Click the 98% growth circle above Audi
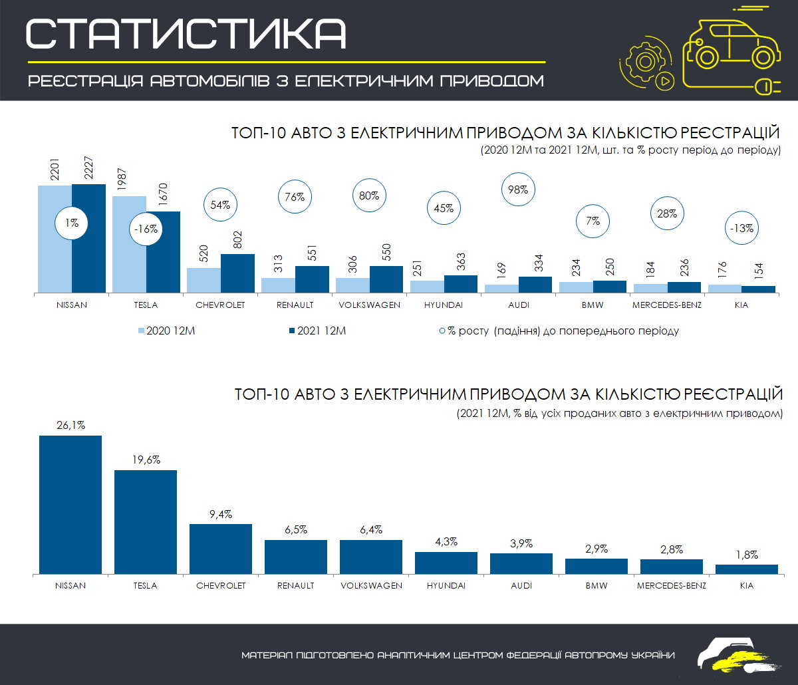point(518,190)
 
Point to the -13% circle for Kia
point(741,228)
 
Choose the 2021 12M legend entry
point(318,331)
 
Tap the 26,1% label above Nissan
point(70,426)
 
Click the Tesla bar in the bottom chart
point(146,522)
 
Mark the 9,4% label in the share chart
point(221,514)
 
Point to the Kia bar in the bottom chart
point(747,569)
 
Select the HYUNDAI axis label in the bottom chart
point(446,586)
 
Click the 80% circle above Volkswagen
point(369,196)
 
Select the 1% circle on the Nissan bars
point(71,223)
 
